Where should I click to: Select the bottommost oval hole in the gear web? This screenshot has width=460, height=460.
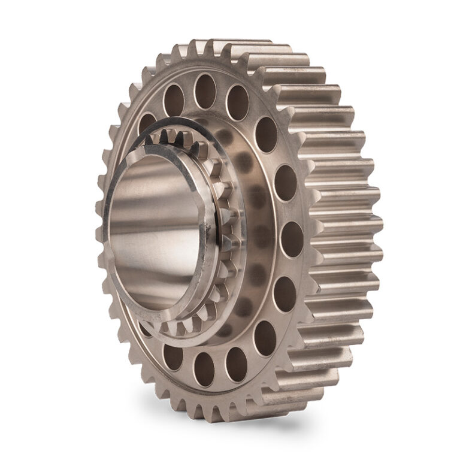[204, 369]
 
